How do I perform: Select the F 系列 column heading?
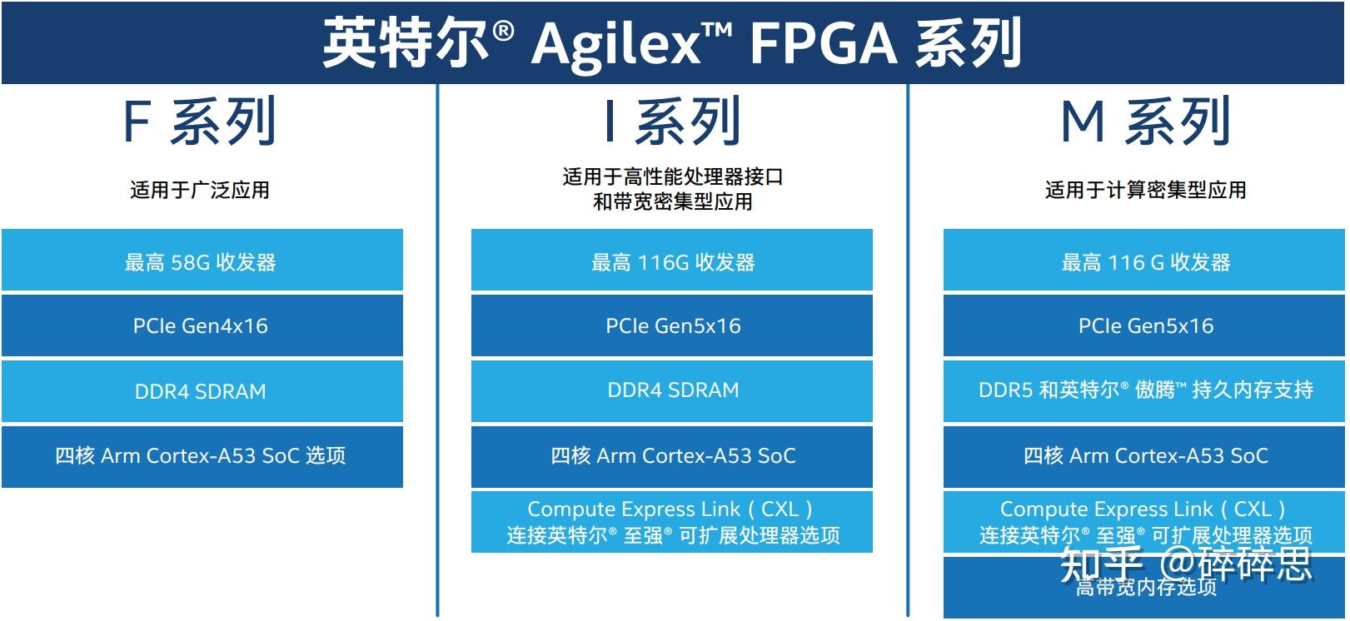[200, 122]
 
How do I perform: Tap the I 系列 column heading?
[672, 122]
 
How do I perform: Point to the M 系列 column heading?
[1145, 122]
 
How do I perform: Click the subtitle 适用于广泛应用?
[200, 190]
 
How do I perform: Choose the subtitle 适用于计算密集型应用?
[1145, 190]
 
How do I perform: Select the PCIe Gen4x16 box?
[202, 325]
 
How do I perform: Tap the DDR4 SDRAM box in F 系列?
[202, 390]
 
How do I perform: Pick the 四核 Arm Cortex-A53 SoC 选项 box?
[202, 456]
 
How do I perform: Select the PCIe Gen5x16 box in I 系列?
[672, 325]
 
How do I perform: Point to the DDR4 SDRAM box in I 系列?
[672, 390]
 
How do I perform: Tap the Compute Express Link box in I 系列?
[672, 522]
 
